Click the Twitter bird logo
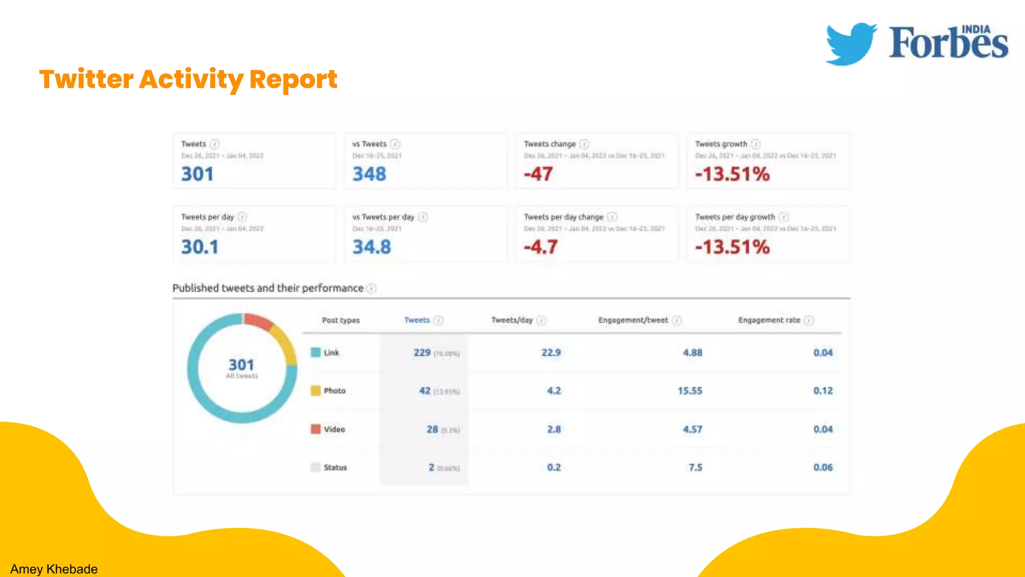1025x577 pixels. [x=850, y=44]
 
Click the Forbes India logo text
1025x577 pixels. [x=948, y=43]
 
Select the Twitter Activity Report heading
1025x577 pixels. [x=188, y=79]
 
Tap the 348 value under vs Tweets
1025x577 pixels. [x=369, y=174]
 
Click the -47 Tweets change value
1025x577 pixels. [x=539, y=174]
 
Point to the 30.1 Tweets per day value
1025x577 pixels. [x=200, y=247]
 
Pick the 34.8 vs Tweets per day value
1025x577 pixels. [x=371, y=247]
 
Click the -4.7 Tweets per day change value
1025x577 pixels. [x=541, y=247]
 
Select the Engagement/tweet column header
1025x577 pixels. [x=633, y=320]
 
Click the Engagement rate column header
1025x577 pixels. [x=769, y=320]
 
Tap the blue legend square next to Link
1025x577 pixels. [x=315, y=353]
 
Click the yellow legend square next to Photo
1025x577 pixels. [x=315, y=391]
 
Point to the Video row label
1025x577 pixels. [x=334, y=429]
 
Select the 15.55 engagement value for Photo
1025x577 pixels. [x=690, y=391]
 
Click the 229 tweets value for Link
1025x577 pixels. [x=422, y=353]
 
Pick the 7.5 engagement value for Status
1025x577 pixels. [x=695, y=467]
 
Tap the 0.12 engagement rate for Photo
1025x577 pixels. [x=823, y=391]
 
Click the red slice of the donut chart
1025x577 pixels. [x=258, y=322]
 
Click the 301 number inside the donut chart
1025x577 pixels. [x=241, y=365]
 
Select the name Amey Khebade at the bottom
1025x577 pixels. [x=54, y=569]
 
